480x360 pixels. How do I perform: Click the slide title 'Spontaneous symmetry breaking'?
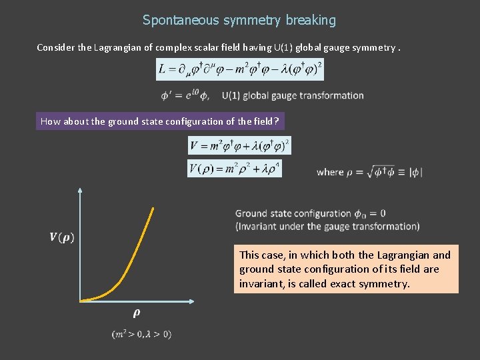[239, 20]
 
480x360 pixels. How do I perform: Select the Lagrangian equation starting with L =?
[240, 69]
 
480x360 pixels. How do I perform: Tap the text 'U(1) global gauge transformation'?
[293, 95]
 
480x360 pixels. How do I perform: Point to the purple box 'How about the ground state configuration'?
[160, 121]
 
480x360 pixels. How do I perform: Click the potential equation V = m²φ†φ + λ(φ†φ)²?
[239, 145]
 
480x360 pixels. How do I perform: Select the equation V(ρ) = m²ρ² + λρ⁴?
[235, 169]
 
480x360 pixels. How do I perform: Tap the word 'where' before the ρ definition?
[330, 172]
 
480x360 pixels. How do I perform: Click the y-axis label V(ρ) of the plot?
[62, 237]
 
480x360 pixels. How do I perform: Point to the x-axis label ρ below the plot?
[136, 312]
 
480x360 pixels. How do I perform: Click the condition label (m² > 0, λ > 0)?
[141, 334]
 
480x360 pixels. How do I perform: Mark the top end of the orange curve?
[154, 209]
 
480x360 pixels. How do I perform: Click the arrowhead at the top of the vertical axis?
[80, 191]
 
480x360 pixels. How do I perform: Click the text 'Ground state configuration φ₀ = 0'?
[310, 213]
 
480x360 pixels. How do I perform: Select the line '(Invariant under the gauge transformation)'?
[327, 226]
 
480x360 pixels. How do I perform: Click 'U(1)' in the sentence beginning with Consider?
[263, 47]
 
